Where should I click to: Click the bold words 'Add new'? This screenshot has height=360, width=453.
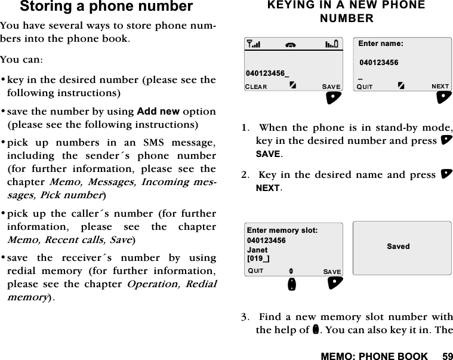coord(158,112)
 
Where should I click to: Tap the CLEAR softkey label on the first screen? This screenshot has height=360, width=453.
coord(257,87)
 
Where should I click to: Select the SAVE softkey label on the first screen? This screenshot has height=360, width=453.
coord(331,87)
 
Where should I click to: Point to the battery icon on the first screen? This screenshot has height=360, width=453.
coord(332,43)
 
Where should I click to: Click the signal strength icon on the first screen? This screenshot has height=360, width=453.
coord(254,43)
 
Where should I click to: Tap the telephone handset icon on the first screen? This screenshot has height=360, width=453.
coord(292,43)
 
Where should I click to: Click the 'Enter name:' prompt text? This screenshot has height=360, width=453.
coord(381,44)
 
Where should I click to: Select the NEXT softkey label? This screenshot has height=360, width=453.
coord(440,87)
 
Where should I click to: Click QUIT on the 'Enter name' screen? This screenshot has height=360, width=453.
coord(365,87)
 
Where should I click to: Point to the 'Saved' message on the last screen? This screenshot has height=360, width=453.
coord(398,246)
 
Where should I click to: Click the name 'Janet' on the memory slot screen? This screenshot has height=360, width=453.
coord(257,250)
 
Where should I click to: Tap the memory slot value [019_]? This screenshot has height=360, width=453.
coord(258,258)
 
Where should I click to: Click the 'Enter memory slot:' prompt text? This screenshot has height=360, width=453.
coord(282,230)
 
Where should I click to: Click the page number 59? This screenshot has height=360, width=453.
coord(447,356)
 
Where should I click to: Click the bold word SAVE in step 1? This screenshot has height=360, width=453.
coord(267,154)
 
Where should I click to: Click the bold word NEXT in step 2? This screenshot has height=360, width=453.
coord(268,188)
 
